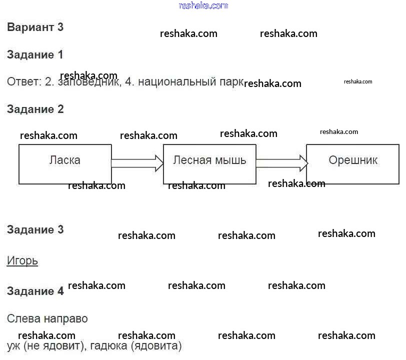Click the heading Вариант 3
[35, 27]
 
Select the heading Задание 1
[35, 54]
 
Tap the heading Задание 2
[35, 109]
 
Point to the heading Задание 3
[35, 229]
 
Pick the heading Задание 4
[35, 291]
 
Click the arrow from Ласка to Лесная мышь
[137, 163]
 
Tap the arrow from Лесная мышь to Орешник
[281, 163]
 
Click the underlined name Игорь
[22, 261]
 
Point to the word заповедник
[89, 82]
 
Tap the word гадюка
[109, 346]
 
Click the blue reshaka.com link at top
[203, 5]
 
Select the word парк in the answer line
[231, 82]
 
